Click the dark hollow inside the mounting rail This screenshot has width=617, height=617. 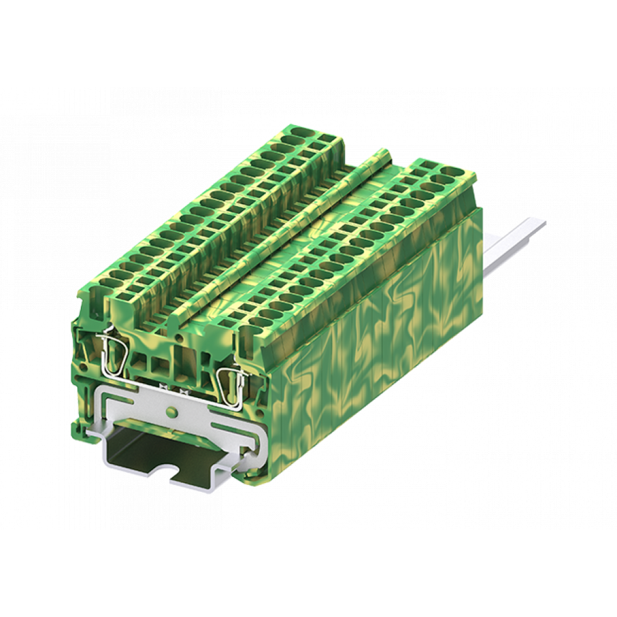pyautogui.click(x=148, y=450)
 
